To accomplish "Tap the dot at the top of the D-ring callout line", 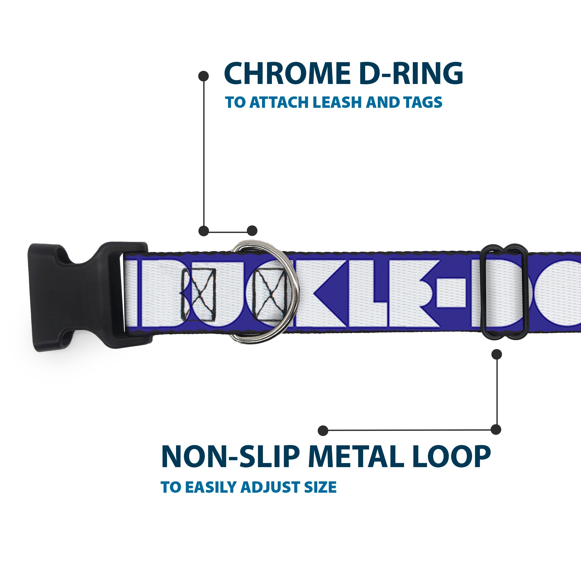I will coord(204,76).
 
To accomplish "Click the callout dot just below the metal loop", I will coord(496,354).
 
